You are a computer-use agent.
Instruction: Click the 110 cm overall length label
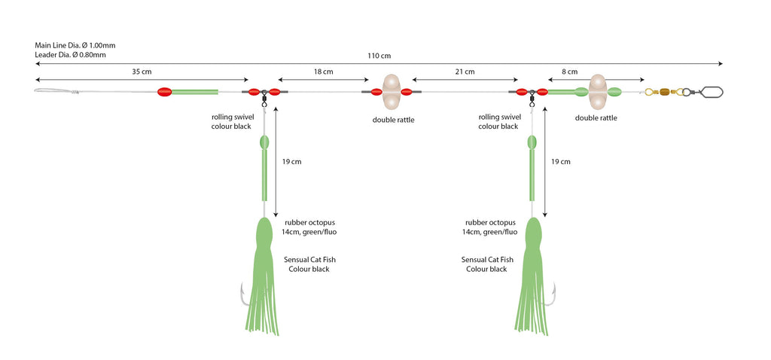pyautogui.click(x=380, y=56)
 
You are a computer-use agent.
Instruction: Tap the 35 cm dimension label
pyautogui.click(x=142, y=72)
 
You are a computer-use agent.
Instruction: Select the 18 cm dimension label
pyautogui.click(x=323, y=72)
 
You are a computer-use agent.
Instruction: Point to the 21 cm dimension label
pyautogui.click(x=465, y=72)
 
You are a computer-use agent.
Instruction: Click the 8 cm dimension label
pyautogui.click(x=569, y=72)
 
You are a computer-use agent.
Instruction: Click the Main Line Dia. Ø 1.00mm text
pyautogui.click(x=75, y=44)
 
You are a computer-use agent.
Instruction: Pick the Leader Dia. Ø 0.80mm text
pyautogui.click(x=70, y=54)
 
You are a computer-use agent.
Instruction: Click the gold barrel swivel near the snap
pyautogui.click(x=664, y=92)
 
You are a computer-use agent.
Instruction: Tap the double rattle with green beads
pyautogui.click(x=598, y=92)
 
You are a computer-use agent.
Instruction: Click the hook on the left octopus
pyautogui.click(x=243, y=296)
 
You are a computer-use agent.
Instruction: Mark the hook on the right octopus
pyautogui.click(x=553, y=294)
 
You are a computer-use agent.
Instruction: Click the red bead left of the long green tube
pyautogui.click(x=164, y=92)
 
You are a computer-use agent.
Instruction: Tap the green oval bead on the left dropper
pyautogui.click(x=264, y=142)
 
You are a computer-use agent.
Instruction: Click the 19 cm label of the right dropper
pyautogui.click(x=560, y=161)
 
